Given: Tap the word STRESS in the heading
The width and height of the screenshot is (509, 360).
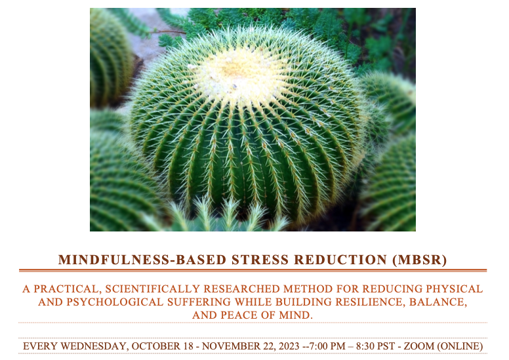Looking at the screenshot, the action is coord(260,260).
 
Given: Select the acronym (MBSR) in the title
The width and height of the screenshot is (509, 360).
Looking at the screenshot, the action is coord(420,260).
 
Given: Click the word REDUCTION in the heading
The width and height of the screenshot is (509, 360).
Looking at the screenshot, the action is coord(340,260).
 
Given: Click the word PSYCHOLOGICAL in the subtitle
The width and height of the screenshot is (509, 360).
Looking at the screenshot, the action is coord(115,302).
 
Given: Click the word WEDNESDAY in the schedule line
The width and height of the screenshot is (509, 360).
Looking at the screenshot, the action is coord(94,346).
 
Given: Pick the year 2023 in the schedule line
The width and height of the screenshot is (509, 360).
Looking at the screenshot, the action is coord(288,346).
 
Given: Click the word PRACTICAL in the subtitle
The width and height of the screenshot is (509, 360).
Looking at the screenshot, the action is coord(67,289).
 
